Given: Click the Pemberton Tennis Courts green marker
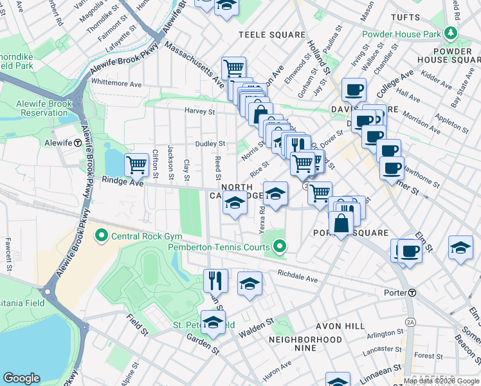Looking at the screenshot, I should click(279, 246).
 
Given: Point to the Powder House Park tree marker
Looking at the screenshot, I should click(451, 33).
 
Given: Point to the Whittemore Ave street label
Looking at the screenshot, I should click(116, 84).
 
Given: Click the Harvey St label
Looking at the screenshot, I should click(199, 111).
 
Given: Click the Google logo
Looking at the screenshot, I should click(22, 378).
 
